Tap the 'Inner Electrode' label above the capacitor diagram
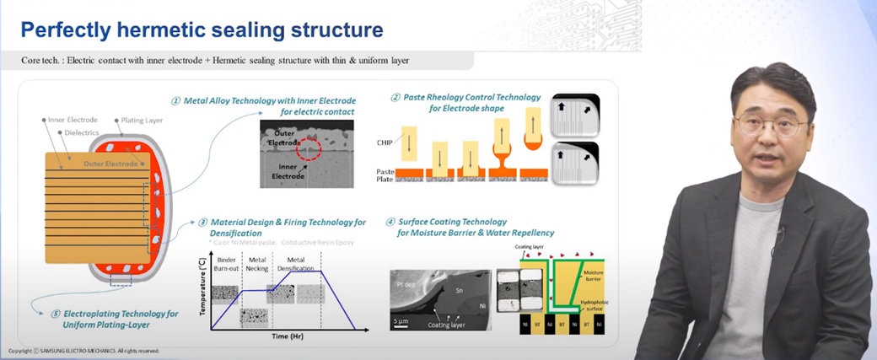pyautogui.click(x=74, y=121)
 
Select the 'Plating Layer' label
pyautogui.click(x=144, y=121)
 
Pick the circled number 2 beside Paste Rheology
pyautogui.click(x=395, y=98)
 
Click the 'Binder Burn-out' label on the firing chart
pyautogui.click(x=229, y=264)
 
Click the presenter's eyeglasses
pyautogui.click(x=770, y=125)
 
